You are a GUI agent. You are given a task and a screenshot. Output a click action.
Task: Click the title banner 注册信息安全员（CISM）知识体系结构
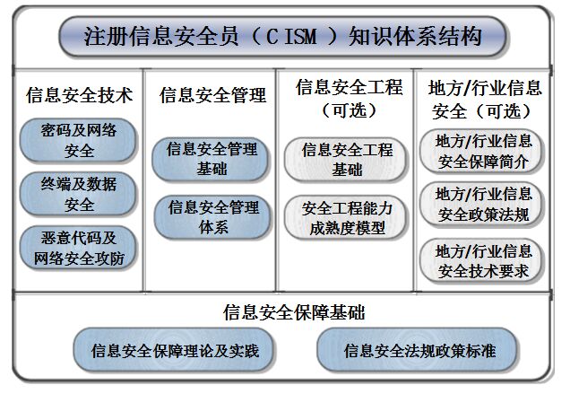[282, 37]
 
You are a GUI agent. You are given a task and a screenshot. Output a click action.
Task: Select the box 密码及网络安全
[78, 140]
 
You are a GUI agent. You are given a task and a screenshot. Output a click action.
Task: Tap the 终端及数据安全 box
[78, 194]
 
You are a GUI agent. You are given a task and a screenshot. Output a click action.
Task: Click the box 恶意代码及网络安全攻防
[78, 248]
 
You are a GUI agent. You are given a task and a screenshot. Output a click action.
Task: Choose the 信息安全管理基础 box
[211, 159]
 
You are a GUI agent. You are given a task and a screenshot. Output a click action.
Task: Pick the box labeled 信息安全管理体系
[212, 217]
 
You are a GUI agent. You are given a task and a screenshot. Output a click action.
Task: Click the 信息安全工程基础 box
[346, 159]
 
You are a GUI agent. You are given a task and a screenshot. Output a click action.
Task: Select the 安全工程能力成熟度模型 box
[346, 218]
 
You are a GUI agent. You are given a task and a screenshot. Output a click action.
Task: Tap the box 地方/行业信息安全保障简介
[481, 151]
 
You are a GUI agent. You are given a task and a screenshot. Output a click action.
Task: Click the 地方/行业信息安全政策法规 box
[481, 204]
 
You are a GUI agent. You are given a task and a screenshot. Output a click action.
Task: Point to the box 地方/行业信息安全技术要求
[481, 261]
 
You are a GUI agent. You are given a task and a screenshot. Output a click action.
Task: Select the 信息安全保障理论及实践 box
[174, 350]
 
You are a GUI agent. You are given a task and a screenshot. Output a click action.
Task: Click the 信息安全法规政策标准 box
[418, 350]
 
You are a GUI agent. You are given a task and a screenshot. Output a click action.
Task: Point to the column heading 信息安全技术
[79, 95]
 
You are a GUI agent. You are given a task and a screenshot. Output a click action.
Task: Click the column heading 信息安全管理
[212, 95]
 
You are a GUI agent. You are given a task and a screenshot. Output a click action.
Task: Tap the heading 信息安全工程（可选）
[349, 99]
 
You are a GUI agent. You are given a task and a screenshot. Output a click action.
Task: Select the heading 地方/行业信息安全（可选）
[485, 100]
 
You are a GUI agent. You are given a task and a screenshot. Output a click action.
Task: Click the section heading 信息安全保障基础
[294, 312]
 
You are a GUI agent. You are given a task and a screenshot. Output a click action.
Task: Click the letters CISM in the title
[291, 37]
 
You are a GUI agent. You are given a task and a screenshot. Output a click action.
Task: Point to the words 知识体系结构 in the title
[415, 37]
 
